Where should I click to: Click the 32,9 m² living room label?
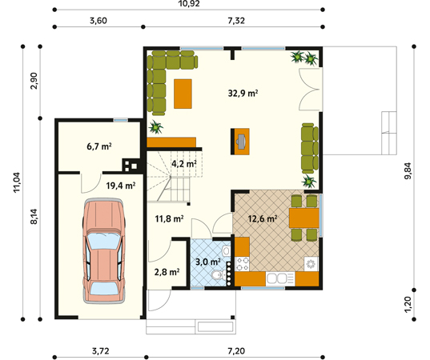pos(242,93)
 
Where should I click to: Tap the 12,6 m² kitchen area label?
pos(262,218)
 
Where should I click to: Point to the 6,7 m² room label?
pos(98,146)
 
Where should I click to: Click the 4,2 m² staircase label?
pos(184,164)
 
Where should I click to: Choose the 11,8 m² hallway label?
pos(169,217)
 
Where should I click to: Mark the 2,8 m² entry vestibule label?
pos(166,272)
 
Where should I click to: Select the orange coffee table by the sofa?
pos(183,93)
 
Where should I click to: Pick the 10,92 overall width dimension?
pos(189,6)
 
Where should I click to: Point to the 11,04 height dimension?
pos(16,180)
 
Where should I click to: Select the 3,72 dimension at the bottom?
pos(99,351)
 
